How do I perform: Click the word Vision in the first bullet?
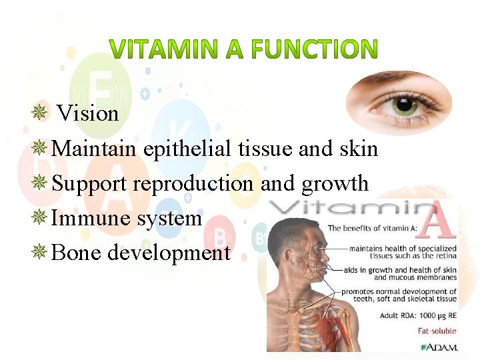coord(88,113)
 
